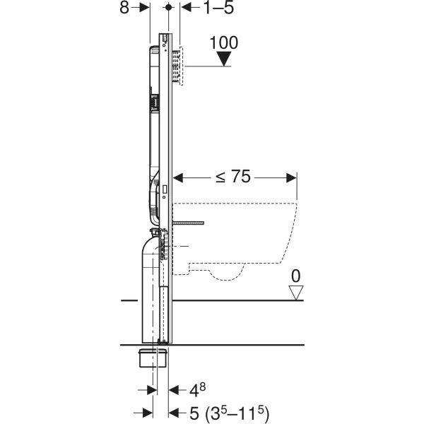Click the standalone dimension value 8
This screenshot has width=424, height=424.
pos(125,8)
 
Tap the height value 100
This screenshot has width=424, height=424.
pos(225,42)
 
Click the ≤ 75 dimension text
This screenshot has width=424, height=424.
pos(232,177)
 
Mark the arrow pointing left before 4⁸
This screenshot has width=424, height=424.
pos(172,390)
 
